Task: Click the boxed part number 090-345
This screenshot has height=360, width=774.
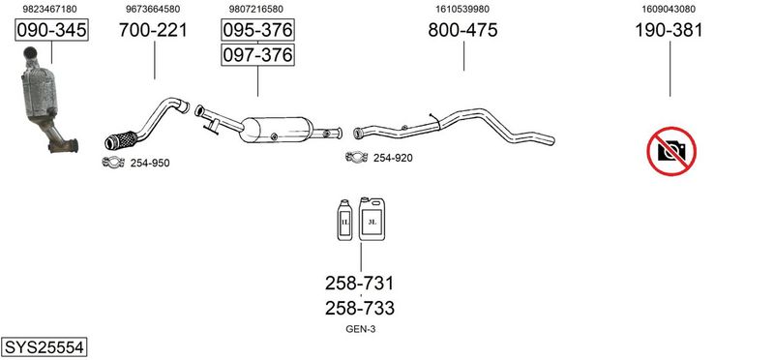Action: click(x=51, y=30)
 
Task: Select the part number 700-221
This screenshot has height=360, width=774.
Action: click(x=153, y=30)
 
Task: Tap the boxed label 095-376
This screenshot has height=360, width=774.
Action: click(x=257, y=30)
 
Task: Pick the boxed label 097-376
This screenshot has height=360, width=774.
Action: click(x=257, y=54)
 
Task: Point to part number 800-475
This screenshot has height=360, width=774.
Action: click(x=462, y=30)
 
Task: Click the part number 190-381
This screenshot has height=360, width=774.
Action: click(x=669, y=30)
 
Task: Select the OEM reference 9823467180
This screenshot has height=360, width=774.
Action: click(x=50, y=9)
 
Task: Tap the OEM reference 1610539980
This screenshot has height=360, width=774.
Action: click(x=462, y=9)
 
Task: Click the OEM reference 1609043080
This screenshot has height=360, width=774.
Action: click(x=669, y=9)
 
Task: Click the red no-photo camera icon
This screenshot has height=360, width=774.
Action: click(x=671, y=151)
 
